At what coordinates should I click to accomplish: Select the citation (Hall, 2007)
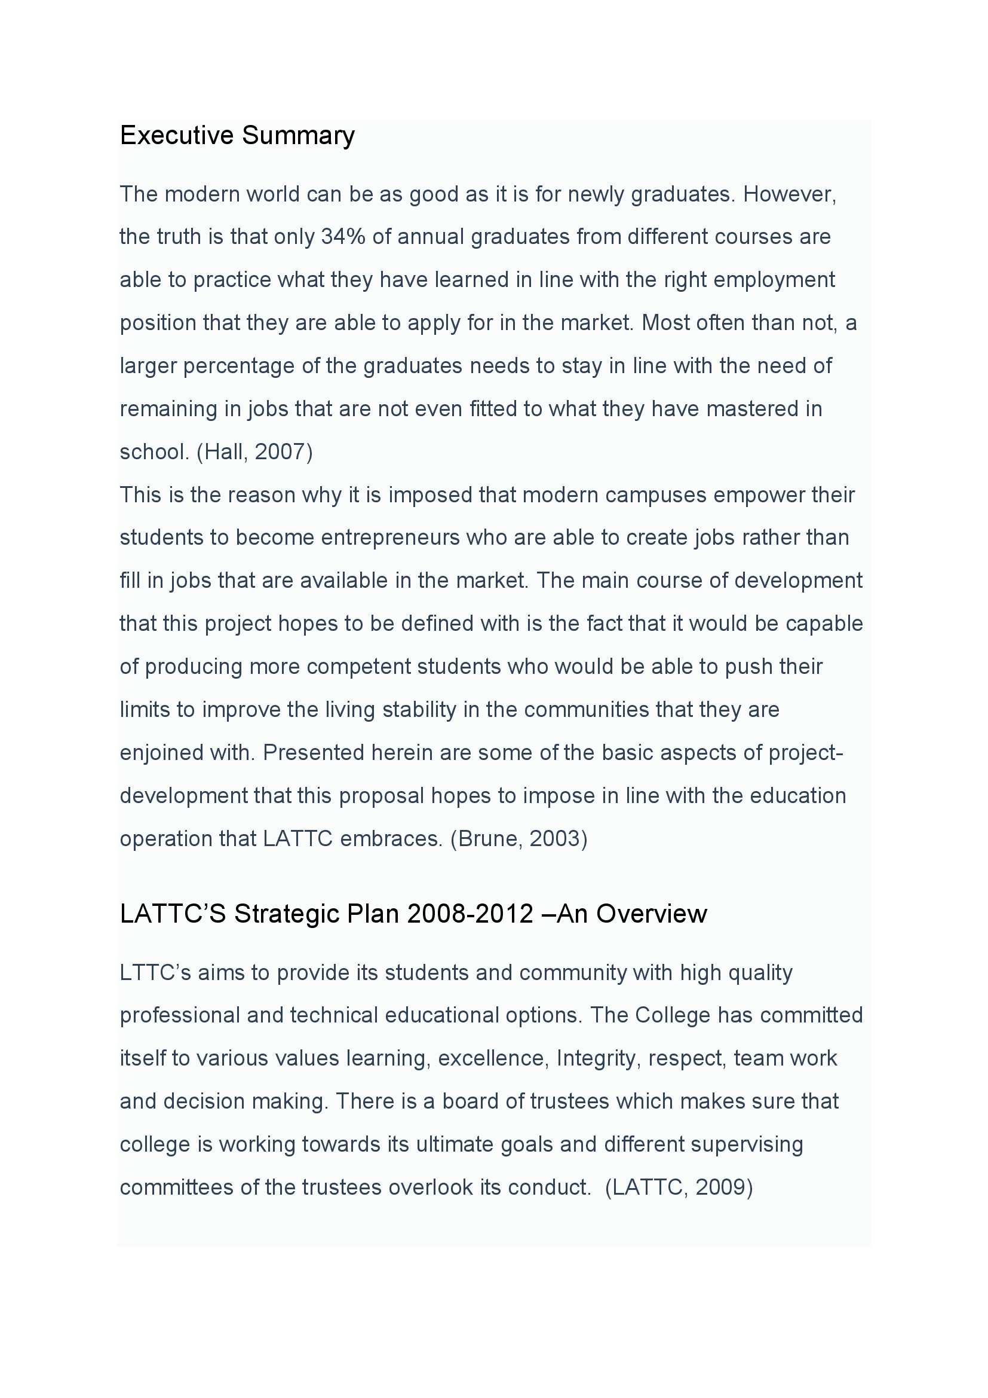pos(254,452)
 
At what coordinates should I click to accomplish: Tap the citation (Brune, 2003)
pos(518,839)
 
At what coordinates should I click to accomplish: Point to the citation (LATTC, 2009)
pos(679,1188)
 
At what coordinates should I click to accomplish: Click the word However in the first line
pos(789,194)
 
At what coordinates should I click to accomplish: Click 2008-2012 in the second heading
pos(470,914)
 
